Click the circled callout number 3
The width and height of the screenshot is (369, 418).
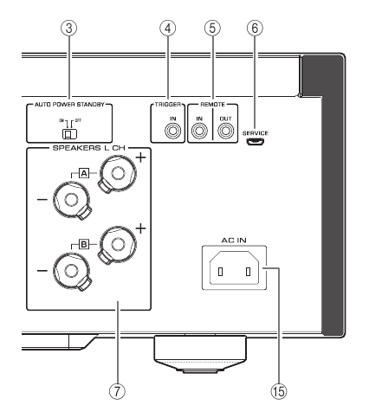click(x=69, y=29)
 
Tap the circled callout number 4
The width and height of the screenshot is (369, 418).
click(x=168, y=29)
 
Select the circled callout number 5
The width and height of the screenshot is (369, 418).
click(x=212, y=29)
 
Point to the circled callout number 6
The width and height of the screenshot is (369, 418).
click(x=255, y=29)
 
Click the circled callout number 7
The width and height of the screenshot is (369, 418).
click(x=117, y=391)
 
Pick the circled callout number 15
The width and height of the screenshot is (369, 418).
click(x=279, y=391)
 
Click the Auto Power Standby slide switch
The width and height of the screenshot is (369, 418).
click(x=70, y=134)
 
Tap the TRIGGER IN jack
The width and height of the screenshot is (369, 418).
click(x=172, y=132)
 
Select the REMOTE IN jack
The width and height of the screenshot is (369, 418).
click(x=199, y=132)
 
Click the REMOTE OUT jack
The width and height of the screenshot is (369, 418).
click(x=225, y=132)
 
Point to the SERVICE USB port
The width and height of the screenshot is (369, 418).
click(x=256, y=141)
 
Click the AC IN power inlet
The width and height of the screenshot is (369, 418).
click(x=234, y=267)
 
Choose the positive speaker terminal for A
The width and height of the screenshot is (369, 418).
click(x=117, y=173)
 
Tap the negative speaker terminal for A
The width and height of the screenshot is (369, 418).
click(x=72, y=200)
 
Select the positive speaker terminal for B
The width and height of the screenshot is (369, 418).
click(x=117, y=245)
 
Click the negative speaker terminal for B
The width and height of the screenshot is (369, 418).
click(x=72, y=271)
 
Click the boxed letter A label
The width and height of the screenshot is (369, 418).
click(x=84, y=173)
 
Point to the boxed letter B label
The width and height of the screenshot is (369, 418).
click(x=84, y=245)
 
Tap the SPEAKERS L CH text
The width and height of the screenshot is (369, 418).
click(x=88, y=148)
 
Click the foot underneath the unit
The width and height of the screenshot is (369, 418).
click(x=200, y=354)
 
